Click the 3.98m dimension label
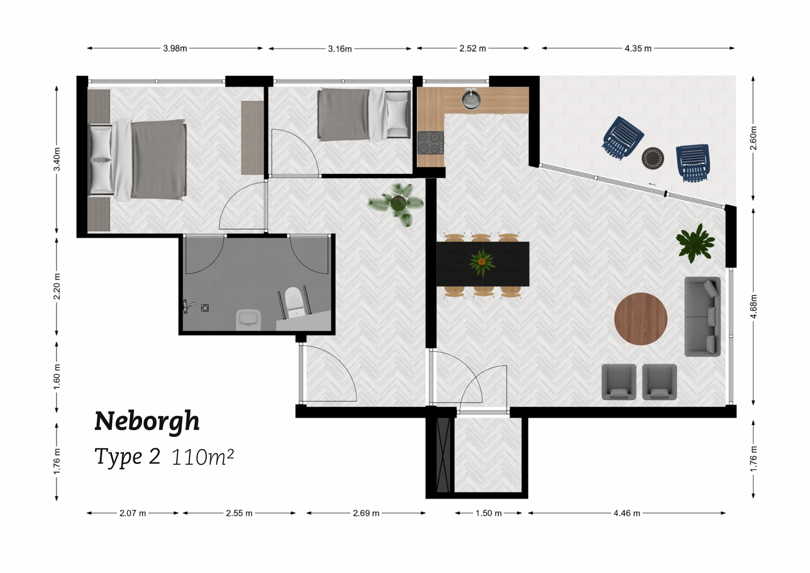point(175,48)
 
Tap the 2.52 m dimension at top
point(472,48)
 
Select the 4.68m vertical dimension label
point(753,306)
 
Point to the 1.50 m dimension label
point(488,513)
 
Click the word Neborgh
point(147,421)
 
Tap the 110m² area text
point(203,457)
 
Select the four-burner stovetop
point(430,143)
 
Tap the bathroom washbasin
point(248,319)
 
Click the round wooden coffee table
point(640,319)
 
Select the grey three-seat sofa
point(702,317)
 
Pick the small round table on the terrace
point(653,158)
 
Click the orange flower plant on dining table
point(482,263)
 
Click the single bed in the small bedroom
point(363,115)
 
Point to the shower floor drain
point(205,308)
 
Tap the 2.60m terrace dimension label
point(753,138)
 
